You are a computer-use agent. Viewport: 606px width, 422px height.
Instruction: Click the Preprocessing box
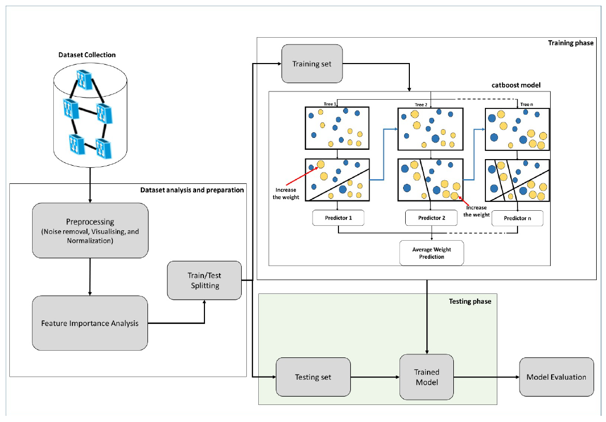[90, 230]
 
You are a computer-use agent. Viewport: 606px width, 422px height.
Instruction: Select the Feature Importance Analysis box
[90, 323]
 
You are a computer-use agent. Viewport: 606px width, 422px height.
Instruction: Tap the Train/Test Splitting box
[204, 280]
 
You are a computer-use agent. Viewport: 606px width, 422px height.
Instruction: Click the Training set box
[312, 64]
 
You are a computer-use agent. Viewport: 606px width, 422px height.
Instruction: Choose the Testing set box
[313, 377]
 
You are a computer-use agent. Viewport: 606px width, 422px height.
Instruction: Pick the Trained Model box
[427, 377]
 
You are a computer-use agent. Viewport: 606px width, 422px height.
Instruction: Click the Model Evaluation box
[556, 377]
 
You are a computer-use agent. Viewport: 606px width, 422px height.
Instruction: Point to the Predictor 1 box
[338, 218]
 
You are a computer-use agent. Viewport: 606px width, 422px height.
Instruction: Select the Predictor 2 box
[432, 218]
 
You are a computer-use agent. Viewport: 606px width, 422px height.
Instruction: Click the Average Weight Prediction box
[432, 253]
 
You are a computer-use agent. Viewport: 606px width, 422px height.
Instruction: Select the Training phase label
[571, 43]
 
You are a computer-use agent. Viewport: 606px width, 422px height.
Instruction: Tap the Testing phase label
[471, 301]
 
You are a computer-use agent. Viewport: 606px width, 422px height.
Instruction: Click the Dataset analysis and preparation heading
[192, 190]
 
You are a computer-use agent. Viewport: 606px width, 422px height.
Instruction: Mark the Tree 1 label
[330, 104]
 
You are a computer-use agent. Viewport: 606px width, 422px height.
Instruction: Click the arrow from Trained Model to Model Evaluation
[486, 377]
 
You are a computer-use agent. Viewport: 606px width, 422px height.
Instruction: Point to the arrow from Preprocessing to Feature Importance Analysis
[90, 276]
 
